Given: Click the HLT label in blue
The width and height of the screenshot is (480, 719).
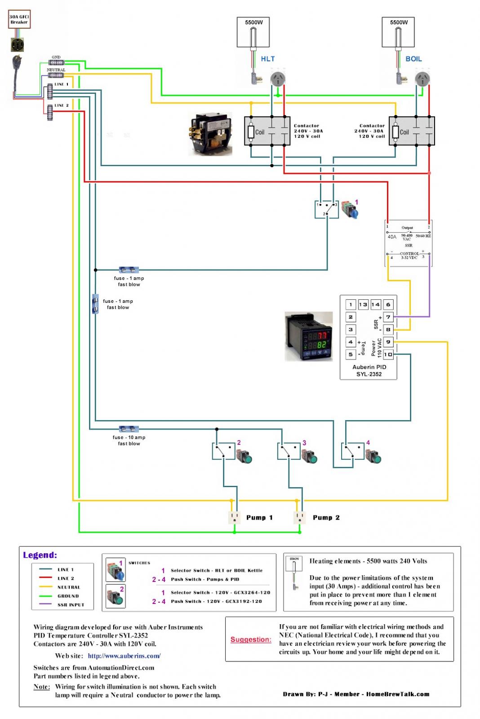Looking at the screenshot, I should [x=267, y=59].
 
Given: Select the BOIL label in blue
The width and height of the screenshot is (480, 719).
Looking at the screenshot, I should [x=413, y=59].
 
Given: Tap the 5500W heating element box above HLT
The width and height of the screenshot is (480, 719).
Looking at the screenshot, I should [x=253, y=32].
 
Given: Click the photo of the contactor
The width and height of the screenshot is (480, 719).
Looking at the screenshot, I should [x=210, y=134].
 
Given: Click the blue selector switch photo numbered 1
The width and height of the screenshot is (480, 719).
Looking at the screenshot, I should [x=351, y=210].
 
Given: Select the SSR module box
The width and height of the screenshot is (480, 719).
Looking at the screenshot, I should [x=408, y=243].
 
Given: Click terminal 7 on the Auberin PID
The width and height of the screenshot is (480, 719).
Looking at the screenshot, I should [x=388, y=317].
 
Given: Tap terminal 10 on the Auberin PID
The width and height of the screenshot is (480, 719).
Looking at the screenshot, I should [x=388, y=355].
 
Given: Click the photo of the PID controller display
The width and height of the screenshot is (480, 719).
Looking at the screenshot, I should [x=309, y=336].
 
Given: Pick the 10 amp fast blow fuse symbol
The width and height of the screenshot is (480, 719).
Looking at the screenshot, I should [x=129, y=429].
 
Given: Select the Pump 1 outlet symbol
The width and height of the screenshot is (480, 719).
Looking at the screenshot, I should [x=234, y=518].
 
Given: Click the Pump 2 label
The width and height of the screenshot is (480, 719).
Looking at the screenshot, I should [x=326, y=518].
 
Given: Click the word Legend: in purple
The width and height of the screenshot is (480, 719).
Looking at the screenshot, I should [x=40, y=555].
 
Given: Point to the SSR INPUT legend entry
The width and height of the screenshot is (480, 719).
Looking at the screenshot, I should [x=71, y=605].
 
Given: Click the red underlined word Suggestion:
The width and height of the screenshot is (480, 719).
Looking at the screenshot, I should [x=251, y=639].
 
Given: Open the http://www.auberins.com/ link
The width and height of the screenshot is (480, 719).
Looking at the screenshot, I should [x=124, y=656].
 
